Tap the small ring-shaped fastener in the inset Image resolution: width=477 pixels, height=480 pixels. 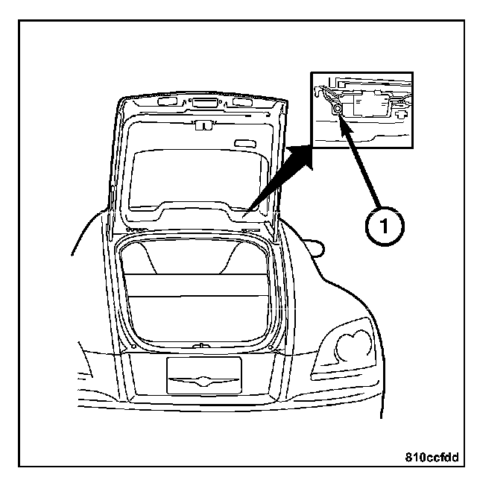coord(338,109)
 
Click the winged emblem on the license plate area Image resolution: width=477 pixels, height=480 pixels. coord(203,379)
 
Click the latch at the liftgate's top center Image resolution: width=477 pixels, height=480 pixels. coord(199,125)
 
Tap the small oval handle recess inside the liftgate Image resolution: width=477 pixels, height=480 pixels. coord(243,143)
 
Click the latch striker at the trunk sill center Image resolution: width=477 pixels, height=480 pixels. coord(200,345)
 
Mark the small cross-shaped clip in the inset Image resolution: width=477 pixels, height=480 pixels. coord(403,115)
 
